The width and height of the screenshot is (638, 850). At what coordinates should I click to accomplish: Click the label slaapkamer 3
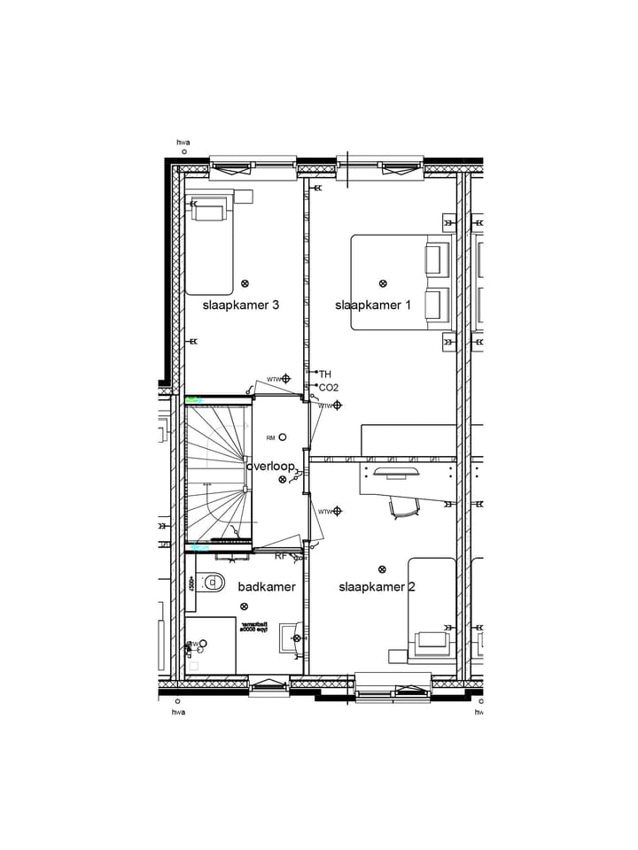click(241, 305)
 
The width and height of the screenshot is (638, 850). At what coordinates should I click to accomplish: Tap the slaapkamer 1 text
click(373, 305)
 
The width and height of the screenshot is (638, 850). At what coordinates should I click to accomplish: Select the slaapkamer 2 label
click(377, 586)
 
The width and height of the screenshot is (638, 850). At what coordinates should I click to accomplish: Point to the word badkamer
click(267, 586)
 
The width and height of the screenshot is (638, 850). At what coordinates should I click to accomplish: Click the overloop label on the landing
click(270, 466)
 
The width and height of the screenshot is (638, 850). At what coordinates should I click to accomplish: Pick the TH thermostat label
click(325, 375)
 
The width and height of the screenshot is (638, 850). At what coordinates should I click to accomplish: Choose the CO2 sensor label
click(329, 388)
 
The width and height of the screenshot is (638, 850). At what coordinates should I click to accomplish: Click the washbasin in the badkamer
click(292, 637)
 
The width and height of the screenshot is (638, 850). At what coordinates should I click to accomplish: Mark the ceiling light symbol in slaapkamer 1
click(383, 283)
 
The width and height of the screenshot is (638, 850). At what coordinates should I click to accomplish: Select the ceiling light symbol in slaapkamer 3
click(245, 283)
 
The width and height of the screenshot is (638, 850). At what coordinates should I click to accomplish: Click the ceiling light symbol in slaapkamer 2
click(383, 569)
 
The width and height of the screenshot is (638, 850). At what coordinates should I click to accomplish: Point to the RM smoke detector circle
click(283, 437)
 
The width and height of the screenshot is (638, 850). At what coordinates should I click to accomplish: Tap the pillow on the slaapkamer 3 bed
click(210, 212)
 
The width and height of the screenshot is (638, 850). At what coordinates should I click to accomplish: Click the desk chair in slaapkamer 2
click(403, 506)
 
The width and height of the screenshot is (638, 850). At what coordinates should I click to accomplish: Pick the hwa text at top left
click(183, 142)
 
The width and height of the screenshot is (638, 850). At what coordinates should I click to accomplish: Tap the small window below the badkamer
click(267, 683)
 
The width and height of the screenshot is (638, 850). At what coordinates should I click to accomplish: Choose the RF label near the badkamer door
click(281, 556)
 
